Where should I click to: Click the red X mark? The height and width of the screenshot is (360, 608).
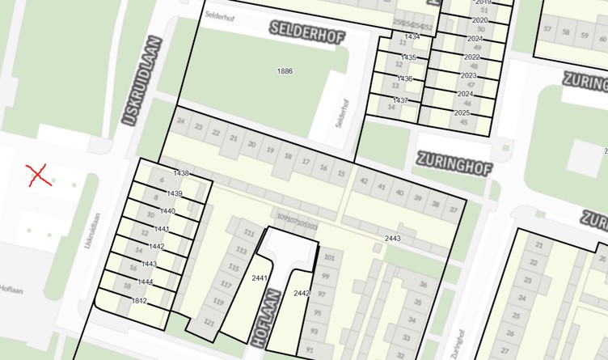(37, 175)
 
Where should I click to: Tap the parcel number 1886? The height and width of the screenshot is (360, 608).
(285, 71)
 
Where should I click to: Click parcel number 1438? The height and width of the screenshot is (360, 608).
(181, 173)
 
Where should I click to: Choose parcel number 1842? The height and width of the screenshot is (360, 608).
(139, 301)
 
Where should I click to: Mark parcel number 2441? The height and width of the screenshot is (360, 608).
(260, 277)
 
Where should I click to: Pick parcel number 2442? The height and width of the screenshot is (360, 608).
(302, 293)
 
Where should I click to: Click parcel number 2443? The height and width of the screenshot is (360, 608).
(393, 239)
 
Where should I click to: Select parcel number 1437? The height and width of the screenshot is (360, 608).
(401, 100)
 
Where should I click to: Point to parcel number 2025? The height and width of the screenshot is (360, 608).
(462, 113)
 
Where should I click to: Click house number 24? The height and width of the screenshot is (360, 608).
(181, 124)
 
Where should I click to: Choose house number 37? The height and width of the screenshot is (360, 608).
(454, 210)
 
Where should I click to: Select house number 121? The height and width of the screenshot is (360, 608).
(209, 322)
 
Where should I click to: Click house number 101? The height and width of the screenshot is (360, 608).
(328, 258)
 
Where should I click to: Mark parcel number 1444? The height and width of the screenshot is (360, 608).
(146, 282)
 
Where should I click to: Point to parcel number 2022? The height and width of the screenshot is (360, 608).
(471, 57)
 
